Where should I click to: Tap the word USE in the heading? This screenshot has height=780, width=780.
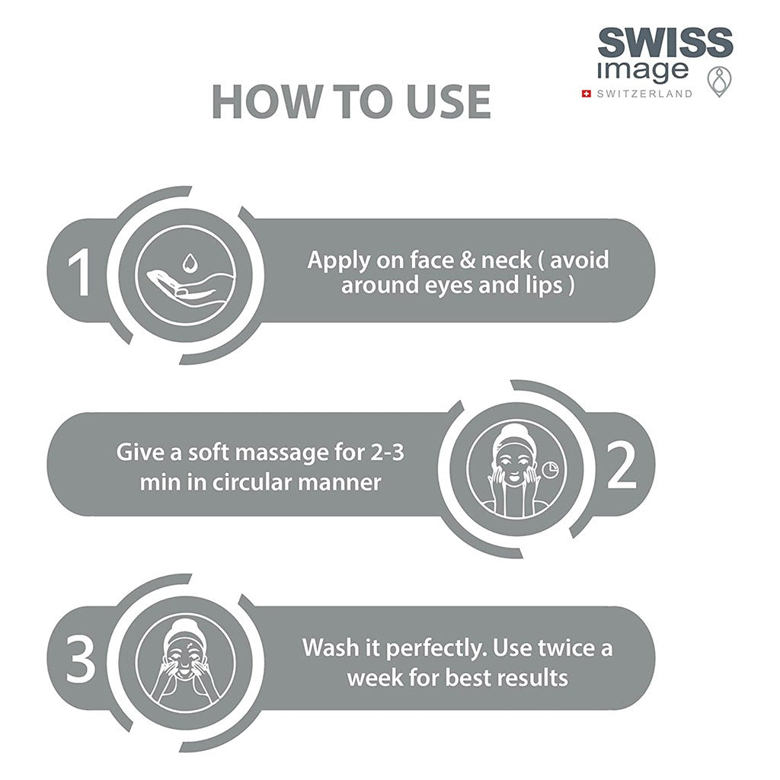tap(449, 101)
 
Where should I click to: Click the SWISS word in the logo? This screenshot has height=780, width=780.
tap(665, 43)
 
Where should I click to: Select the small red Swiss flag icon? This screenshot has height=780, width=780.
tap(587, 94)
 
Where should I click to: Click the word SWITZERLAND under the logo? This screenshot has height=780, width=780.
tap(644, 94)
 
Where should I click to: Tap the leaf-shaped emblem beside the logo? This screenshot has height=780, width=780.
tap(719, 82)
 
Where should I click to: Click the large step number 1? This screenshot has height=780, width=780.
tap(79, 272)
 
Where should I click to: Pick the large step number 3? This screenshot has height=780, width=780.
tap(81, 659)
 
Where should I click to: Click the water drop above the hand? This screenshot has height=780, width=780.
tap(189, 263)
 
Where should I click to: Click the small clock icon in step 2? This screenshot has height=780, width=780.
tap(550, 469)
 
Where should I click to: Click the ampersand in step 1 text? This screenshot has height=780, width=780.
tap(467, 261)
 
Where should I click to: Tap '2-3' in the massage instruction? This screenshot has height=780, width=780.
tap(388, 452)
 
